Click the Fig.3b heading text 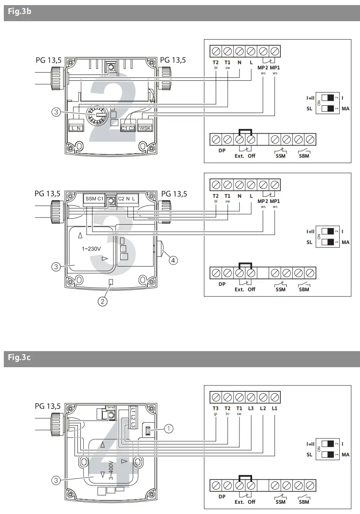[19, 12]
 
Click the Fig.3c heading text [19, 358]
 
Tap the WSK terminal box [145, 128]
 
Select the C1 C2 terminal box [128, 128]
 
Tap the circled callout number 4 [173, 260]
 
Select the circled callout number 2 [102, 301]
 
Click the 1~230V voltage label [91, 249]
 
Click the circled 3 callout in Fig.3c [55, 480]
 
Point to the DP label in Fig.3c [222, 497]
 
